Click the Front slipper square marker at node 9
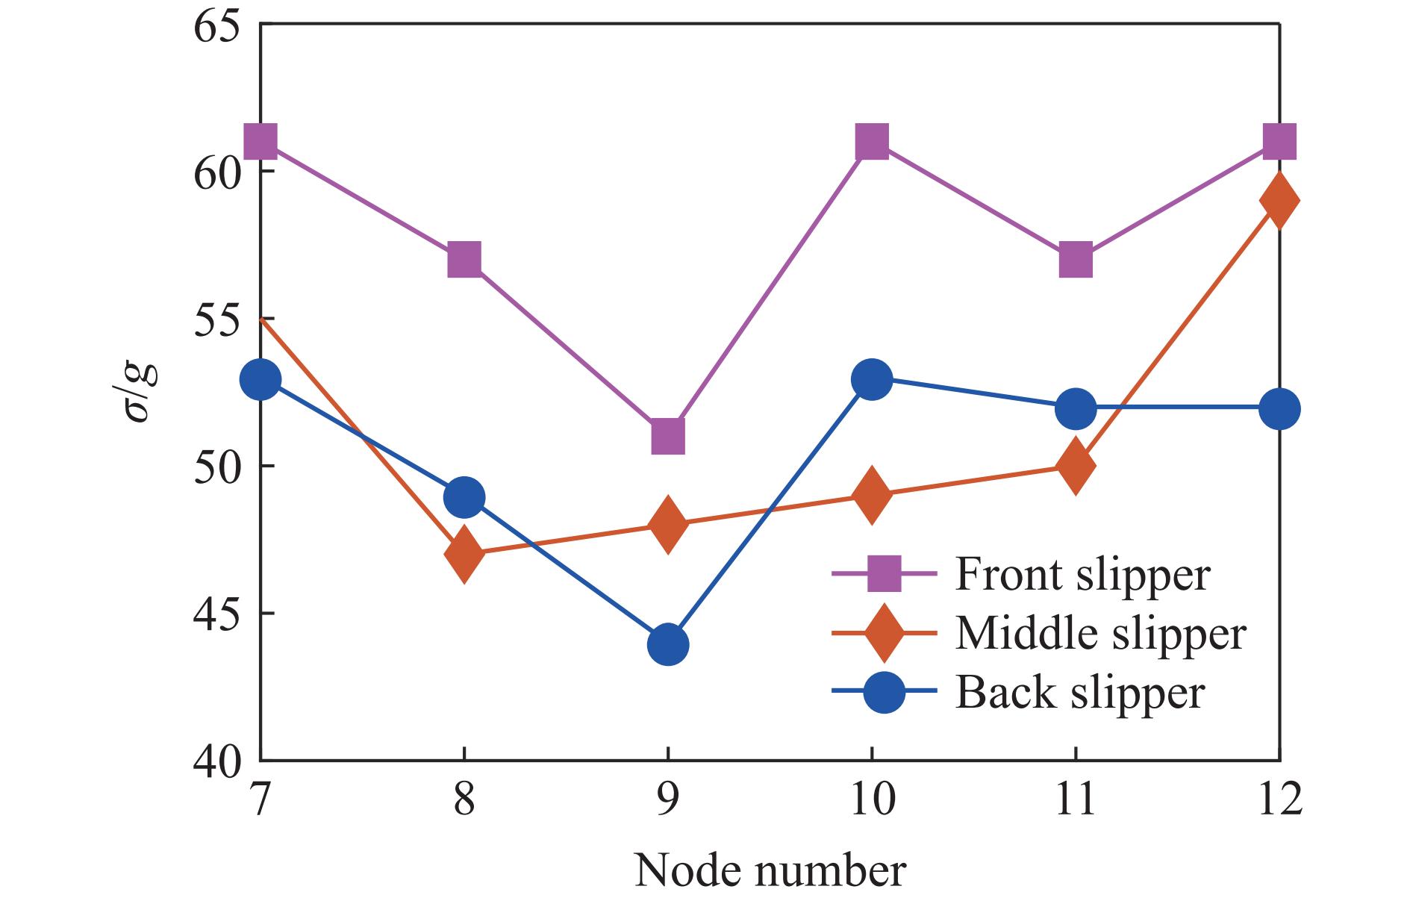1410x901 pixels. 668,436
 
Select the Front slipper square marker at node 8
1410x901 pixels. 464,260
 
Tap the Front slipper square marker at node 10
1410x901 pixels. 872,142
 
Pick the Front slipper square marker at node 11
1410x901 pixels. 1076,260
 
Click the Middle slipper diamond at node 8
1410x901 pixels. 464,553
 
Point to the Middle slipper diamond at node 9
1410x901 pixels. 668,524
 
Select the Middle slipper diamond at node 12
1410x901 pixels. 1279,201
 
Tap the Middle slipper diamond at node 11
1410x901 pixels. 1076,466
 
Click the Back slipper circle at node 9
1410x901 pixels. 668,644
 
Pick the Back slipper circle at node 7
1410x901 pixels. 261,380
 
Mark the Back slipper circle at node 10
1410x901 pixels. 872,380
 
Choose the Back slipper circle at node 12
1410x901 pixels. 1279,409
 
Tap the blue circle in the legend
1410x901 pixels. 883,692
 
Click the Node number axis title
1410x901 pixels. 770,870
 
